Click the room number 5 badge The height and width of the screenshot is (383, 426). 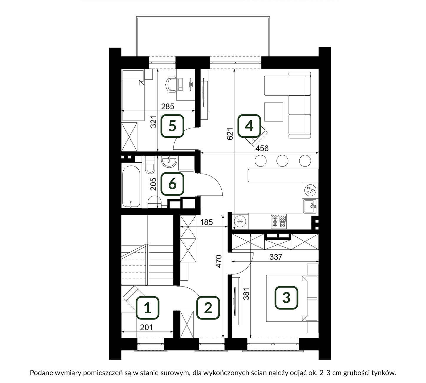coord(172,126)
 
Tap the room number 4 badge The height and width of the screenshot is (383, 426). coord(249,126)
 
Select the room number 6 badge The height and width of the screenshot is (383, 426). coord(172,184)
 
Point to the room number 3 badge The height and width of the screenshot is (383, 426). coord(286,297)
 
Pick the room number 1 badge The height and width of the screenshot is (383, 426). coord(147,308)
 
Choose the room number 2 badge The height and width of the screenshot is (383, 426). coord(208,308)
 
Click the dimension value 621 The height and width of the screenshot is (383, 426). coord(230,134)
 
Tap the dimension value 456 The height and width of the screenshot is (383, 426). coord(262,148)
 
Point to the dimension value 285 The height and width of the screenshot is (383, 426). coord(168,106)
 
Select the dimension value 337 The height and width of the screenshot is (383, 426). coord(276,257)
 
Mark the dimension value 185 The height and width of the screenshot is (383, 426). coord(206,222)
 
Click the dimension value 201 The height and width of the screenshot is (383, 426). coord(147,327)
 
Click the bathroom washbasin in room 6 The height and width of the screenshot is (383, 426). coord(169,162)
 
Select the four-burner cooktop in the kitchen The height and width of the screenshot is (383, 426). coord(279,221)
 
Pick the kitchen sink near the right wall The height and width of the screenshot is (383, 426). coord(310,206)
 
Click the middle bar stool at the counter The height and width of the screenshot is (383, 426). coord(282,161)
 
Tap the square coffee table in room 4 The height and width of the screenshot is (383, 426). coord(273,112)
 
